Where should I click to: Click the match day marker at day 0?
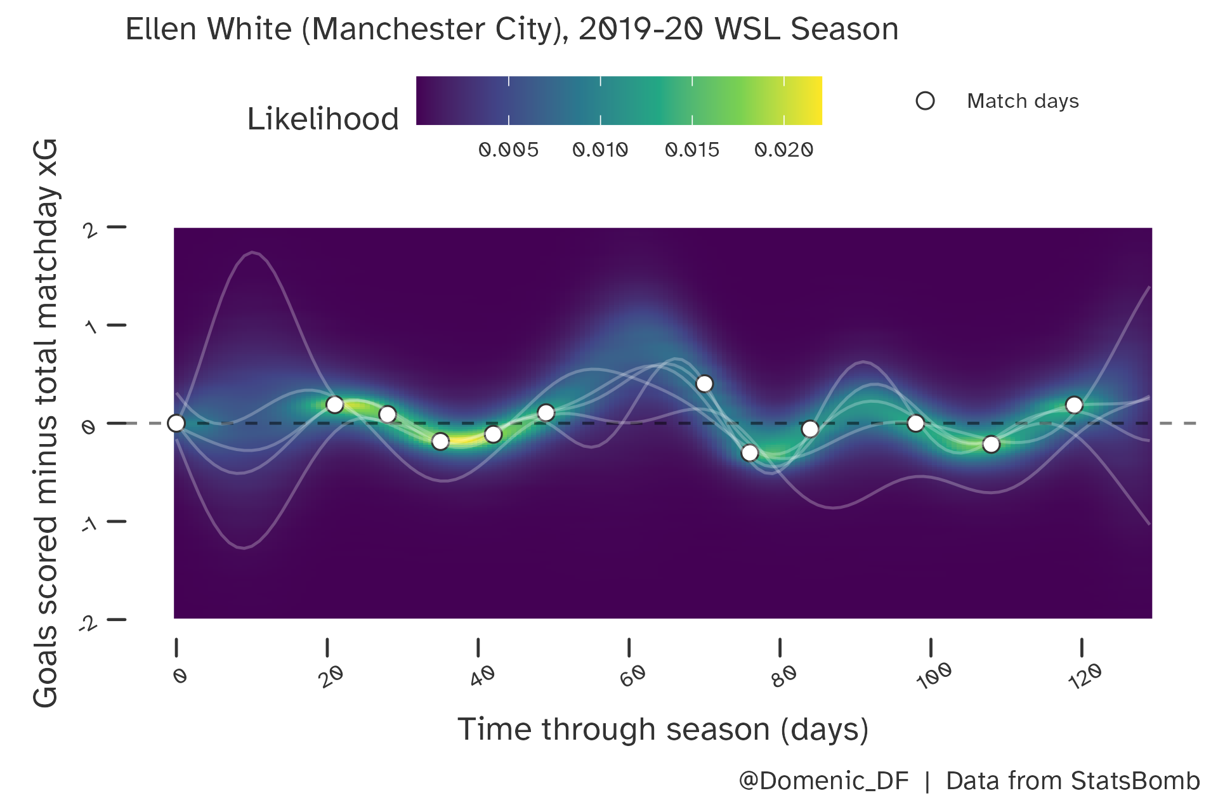tap(176, 423)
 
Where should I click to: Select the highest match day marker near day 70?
tap(704, 384)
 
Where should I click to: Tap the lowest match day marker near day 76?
tap(750, 453)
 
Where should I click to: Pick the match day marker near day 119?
tap(1074, 405)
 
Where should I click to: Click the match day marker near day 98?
tap(915, 423)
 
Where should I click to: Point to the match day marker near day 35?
tap(440, 441)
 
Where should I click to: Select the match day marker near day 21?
tap(335, 405)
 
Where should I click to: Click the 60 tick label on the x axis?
tap(632, 676)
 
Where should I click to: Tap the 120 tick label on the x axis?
tap(1085, 676)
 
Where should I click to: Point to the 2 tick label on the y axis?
tap(91, 229)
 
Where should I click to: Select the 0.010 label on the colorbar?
tap(600, 150)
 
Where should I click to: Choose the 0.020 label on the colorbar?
tap(783, 150)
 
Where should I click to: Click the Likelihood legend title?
tap(323, 119)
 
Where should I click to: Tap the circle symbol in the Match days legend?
tap(925, 101)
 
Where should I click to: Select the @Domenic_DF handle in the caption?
tap(823, 781)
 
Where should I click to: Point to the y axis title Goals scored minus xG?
tap(46, 423)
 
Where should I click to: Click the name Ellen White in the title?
tap(208, 29)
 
